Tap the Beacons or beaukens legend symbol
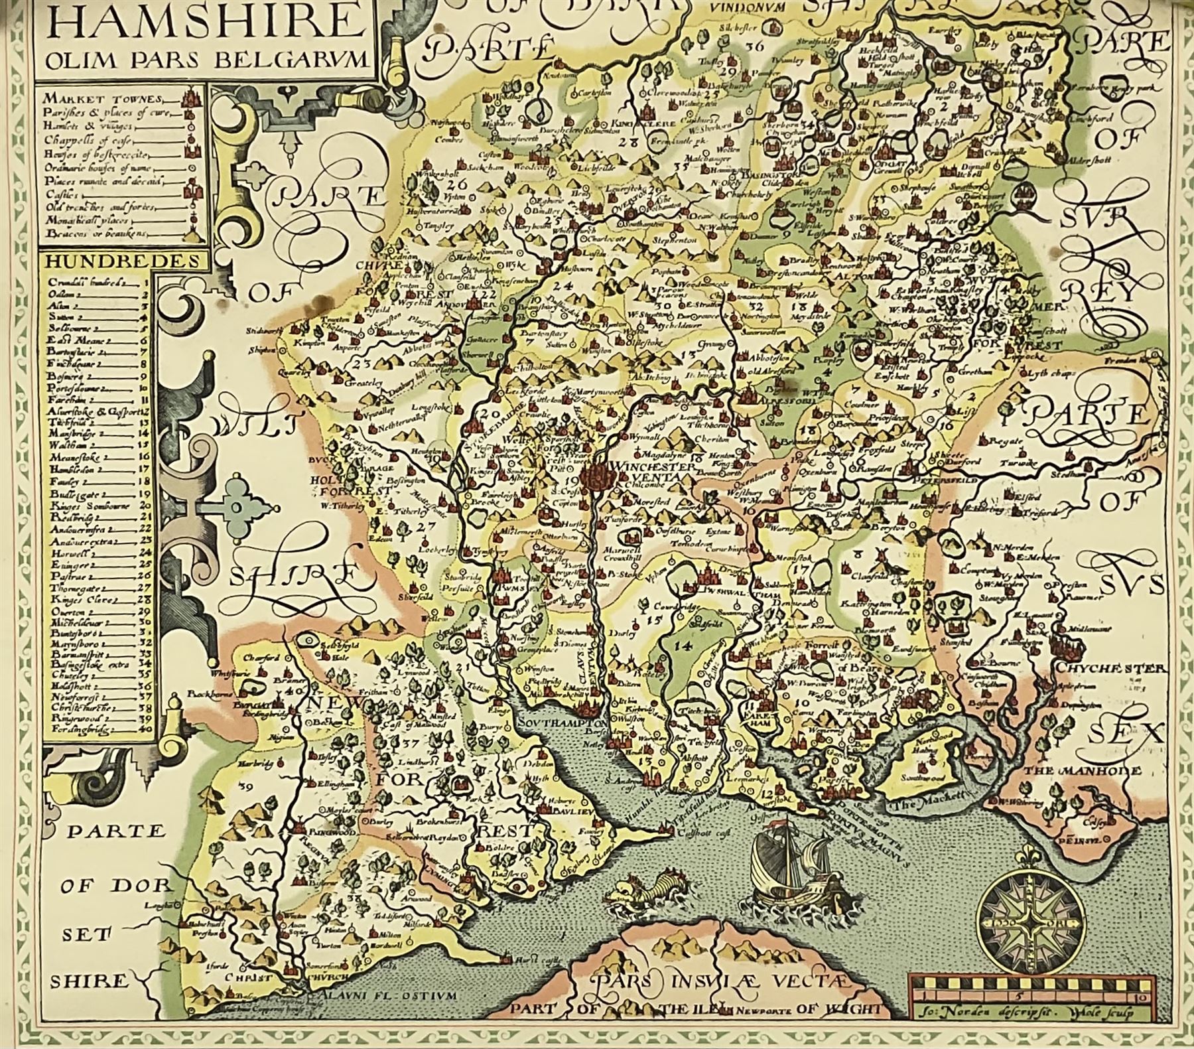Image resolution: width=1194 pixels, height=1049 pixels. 193,234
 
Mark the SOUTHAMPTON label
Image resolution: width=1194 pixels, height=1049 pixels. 561,722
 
